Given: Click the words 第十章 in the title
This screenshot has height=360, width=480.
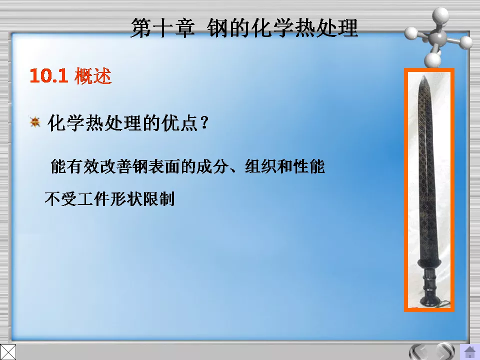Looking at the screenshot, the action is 162,28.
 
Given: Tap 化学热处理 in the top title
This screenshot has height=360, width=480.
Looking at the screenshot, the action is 304,28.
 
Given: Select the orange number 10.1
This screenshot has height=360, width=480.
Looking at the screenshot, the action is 48,75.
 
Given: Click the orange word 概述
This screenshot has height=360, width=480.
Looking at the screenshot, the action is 93,75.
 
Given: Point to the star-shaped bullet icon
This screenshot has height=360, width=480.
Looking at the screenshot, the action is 35,122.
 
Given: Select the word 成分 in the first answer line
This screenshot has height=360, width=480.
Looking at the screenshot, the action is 212,166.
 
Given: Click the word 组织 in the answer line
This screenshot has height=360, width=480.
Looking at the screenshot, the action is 260,166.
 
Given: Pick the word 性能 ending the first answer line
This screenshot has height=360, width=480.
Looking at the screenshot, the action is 309,166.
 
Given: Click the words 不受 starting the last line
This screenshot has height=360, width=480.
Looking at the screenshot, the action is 60,199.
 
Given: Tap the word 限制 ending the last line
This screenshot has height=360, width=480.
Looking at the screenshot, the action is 159,199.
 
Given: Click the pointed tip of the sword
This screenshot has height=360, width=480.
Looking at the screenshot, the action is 423,75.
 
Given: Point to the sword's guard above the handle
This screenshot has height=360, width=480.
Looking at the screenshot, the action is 429,263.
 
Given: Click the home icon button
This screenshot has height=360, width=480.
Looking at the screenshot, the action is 470,351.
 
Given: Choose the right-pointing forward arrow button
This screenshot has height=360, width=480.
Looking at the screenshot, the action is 445,351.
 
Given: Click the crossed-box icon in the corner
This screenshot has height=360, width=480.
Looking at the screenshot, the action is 8,352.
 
